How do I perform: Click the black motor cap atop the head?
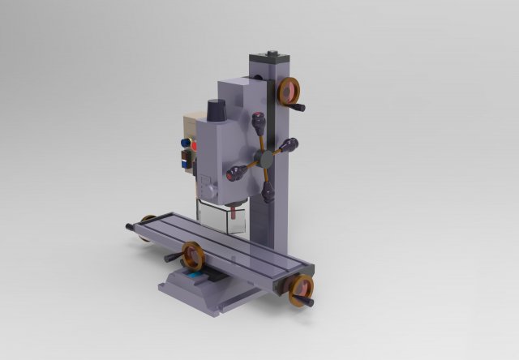coord(217,110)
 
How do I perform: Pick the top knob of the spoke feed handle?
coord(259,122)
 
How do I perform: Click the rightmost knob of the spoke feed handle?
coord(290,146)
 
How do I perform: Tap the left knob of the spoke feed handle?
coord(237,172)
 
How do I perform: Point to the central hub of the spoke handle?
coord(264,158)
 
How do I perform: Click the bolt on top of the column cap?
coord(271,54)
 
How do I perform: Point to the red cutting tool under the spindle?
coord(235,212)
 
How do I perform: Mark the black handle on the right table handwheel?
coord(309,302)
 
